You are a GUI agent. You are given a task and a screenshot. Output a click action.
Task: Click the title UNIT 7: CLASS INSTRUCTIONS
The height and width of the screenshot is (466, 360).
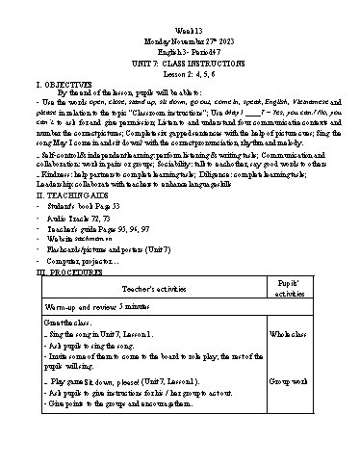(180, 47)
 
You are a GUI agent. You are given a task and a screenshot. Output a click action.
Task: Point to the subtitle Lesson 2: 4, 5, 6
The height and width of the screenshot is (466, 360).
(180, 57)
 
